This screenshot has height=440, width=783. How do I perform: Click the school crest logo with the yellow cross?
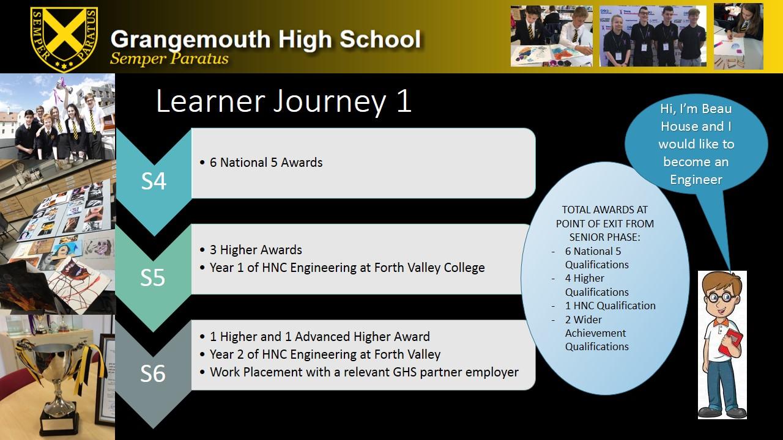pyautogui.click(x=64, y=39)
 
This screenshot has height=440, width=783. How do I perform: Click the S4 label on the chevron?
pyautogui.click(x=154, y=182)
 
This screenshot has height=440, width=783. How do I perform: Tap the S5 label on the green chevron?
pyautogui.click(x=152, y=277)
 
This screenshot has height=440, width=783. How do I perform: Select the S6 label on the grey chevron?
pyautogui.click(x=153, y=373)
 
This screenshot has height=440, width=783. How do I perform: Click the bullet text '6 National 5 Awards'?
pyautogui.click(x=266, y=163)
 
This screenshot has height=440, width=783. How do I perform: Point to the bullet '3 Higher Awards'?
pyautogui.click(x=256, y=250)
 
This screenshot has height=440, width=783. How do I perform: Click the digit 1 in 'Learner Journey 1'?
pyautogui.click(x=404, y=101)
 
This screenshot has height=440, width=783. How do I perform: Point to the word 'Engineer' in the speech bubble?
pyautogui.click(x=696, y=180)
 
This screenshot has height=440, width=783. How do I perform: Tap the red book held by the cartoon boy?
pyautogui.click(x=730, y=344)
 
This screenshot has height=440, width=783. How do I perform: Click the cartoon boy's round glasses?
pyautogui.click(x=721, y=298)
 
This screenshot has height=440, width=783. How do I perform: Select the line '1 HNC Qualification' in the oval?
pyautogui.click(x=610, y=306)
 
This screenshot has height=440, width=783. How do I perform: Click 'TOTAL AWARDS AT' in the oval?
pyautogui.click(x=605, y=210)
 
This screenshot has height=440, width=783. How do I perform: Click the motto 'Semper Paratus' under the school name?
pyautogui.click(x=169, y=58)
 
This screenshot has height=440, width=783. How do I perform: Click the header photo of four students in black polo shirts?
pyautogui.click(x=653, y=36)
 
